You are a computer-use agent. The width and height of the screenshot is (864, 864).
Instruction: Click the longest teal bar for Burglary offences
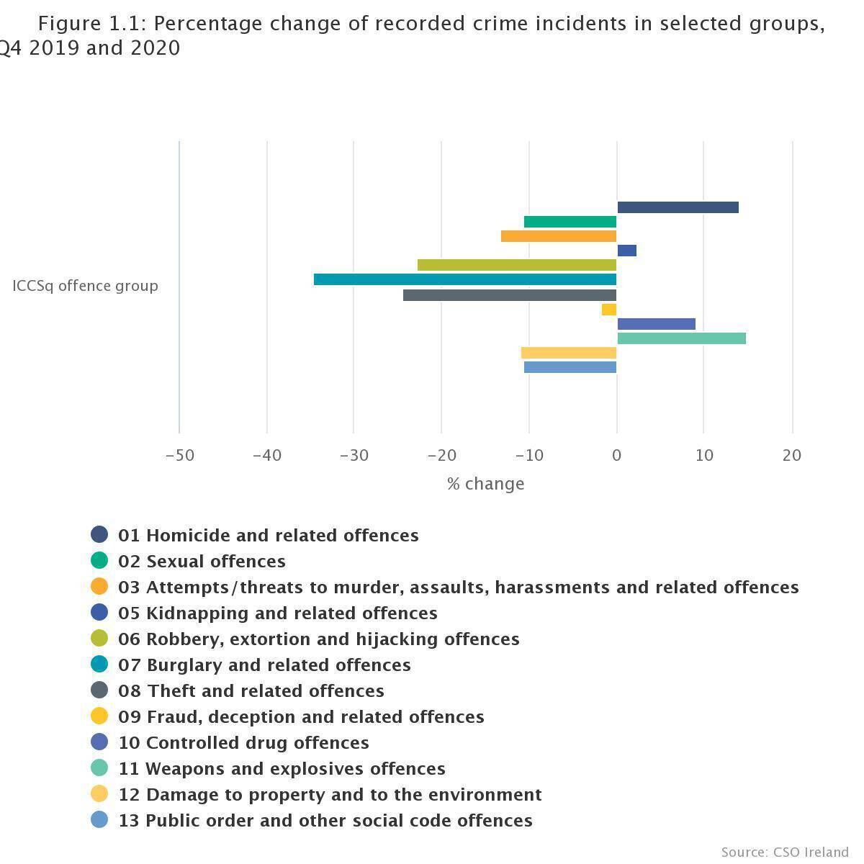pos(465,279)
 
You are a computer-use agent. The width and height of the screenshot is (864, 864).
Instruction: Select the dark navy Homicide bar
pos(678,207)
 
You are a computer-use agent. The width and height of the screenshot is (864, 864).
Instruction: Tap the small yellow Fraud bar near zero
pos(609,310)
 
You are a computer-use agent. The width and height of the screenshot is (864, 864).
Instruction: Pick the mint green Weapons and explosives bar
pos(681,338)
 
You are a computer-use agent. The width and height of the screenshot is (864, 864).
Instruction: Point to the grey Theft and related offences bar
pos(510,295)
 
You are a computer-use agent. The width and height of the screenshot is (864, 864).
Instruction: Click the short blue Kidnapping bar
pos(626,251)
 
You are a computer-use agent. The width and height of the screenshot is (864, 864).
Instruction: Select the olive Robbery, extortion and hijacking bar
pos(517,265)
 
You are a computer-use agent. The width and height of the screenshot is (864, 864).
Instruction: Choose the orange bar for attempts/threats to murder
pos(559,236)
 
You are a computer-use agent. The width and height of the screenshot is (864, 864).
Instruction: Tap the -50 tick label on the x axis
pos(179,455)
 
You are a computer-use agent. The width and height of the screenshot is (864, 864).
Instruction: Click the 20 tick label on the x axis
pos(791,455)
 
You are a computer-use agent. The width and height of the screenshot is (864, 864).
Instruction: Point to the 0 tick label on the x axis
pos(616,455)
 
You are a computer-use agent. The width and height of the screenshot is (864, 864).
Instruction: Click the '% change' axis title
pos(485,484)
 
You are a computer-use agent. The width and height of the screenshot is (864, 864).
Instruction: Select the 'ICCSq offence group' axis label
pos(85,286)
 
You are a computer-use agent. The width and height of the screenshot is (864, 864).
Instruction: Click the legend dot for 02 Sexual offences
pos(99,560)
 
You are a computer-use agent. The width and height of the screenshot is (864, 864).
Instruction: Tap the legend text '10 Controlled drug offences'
pos(243,742)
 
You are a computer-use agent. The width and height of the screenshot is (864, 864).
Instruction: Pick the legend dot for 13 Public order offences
pos(99,819)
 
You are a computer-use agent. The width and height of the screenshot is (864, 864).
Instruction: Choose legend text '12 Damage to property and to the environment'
pos(330,794)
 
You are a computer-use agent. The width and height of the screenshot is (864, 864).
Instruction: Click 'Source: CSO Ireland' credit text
pos(785,852)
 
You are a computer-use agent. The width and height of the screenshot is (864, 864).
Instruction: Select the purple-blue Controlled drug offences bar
pos(656,324)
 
